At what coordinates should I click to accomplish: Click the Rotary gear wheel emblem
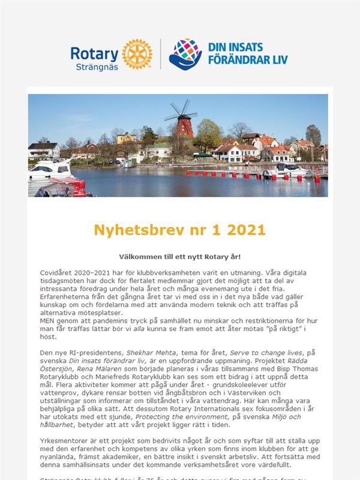(x=137, y=54)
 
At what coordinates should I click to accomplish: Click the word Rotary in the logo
(x=95, y=53)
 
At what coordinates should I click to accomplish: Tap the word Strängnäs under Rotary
(x=98, y=67)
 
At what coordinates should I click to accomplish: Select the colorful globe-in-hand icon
(x=185, y=54)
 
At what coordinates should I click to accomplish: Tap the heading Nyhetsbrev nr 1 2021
(x=180, y=230)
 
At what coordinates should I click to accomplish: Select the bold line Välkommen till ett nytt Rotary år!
(x=180, y=257)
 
